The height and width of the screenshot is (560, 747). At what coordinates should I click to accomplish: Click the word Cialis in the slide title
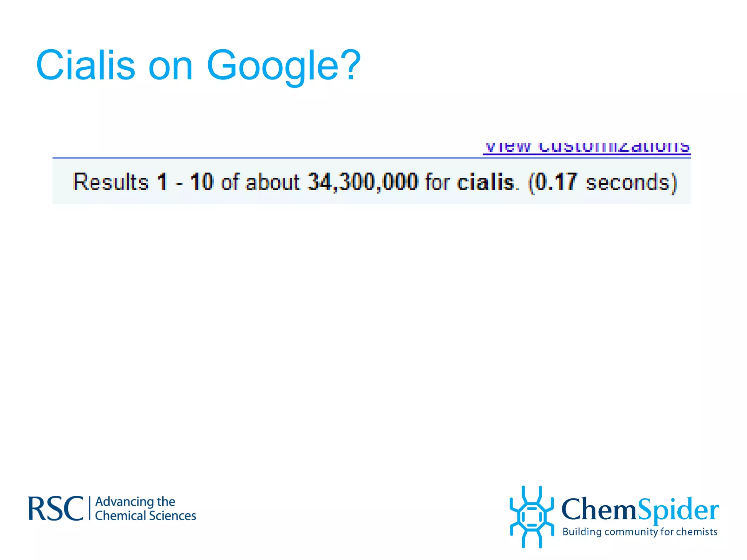tap(85, 66)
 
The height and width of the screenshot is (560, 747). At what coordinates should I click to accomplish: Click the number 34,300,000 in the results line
tap(363, 182)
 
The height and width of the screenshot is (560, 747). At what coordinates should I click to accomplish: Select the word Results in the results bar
tap(111, 182)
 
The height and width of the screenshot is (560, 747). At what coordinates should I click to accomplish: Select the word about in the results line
tap(272, 182)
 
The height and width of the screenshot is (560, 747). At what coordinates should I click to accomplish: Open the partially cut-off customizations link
tap(587, 148)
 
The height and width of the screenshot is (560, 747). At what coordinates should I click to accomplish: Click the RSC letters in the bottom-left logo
tap(56, 509)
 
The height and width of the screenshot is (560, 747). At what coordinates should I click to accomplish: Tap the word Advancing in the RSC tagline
tap(124, 502)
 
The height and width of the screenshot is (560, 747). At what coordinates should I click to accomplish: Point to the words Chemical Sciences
tap(145, 516)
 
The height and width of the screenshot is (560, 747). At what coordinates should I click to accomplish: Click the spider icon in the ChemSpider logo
tap(531, 516)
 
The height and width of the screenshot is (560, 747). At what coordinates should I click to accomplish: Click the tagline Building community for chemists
tap(640, 532)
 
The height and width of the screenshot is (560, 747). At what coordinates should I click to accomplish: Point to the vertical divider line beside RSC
tap(89, 508)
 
